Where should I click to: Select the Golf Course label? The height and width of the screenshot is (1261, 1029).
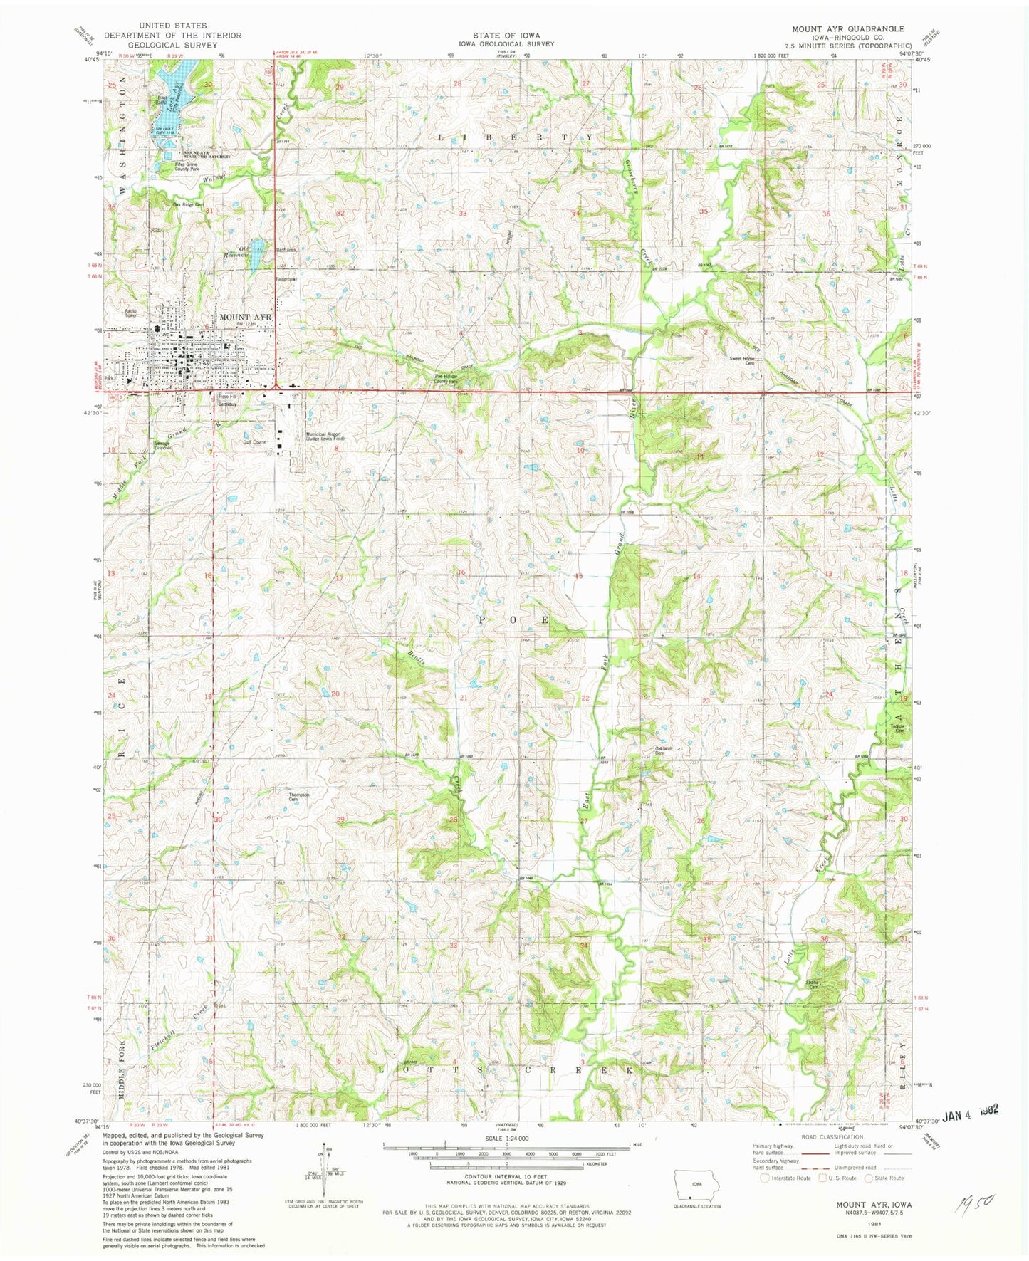[254, 442]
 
